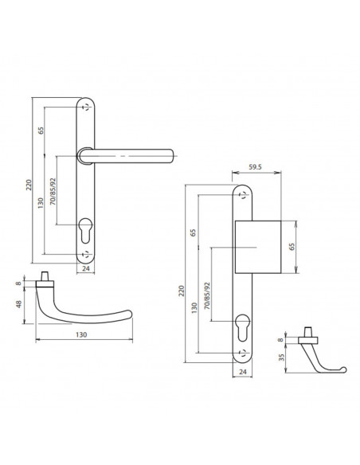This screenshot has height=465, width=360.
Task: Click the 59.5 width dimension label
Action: [x=255, y=167]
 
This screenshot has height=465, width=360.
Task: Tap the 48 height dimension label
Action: [x=19, y=304]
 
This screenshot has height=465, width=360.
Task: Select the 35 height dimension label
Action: [x=282, y=357]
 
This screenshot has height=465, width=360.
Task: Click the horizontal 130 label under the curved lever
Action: [x=81, y=334]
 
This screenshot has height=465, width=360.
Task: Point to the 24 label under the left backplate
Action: [x=85, y=268]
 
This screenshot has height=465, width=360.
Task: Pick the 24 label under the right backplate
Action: [x=243, y=372]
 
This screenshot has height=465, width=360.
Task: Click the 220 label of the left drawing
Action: [x=29, y=185]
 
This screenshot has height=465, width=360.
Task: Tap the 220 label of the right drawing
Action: [x=182, y=291]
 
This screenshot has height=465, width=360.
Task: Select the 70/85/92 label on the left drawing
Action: [x=53, y=192]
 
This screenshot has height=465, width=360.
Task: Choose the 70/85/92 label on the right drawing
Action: [x=207, y=296]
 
